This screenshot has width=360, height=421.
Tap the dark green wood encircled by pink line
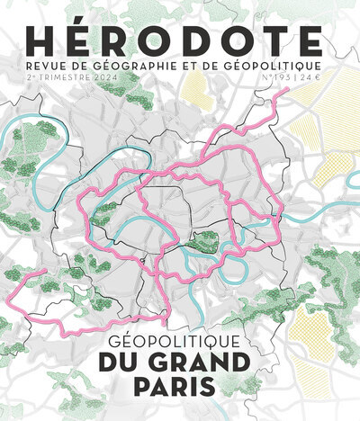coord(204,240)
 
